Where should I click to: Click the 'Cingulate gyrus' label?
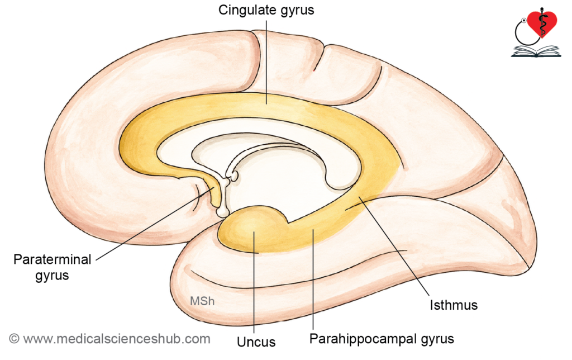coord(266,10)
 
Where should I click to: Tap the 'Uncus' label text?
coord(256,342)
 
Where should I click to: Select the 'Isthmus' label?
coord(454,305)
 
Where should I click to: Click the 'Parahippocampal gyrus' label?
coord(382,339)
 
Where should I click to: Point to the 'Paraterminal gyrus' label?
coord(52,267)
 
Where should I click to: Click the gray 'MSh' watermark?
coord(202,301)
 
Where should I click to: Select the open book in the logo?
coord(536,51)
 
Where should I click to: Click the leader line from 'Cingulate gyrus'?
coord(266,62)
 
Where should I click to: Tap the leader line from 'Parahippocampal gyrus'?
coord(313,279)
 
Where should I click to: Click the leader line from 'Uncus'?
coord(254,282)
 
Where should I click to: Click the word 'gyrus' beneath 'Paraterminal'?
coord(52,275)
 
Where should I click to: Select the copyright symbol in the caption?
coord(14,339)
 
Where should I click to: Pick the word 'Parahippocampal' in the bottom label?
coord(363,339)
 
